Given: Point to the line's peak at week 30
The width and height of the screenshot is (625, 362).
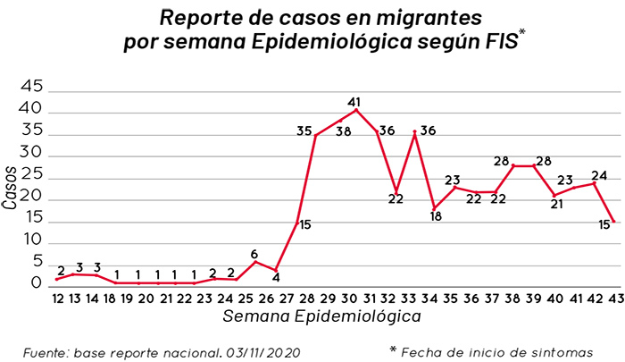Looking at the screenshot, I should click(x=357, y=110).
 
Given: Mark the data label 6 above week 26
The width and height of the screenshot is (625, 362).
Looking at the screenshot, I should click(x=254, y=254).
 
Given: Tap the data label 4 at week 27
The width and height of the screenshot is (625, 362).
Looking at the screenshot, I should click(x=276, y=277).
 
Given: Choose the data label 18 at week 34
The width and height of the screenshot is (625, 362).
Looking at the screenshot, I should click(x=436, y=215).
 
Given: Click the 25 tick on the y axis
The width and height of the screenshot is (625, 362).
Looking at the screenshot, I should click(x=30, y=176).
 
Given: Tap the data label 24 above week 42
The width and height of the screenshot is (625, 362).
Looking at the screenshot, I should click(x=599, y=175).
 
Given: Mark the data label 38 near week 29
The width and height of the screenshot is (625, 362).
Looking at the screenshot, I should click(x=344, y=131).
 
